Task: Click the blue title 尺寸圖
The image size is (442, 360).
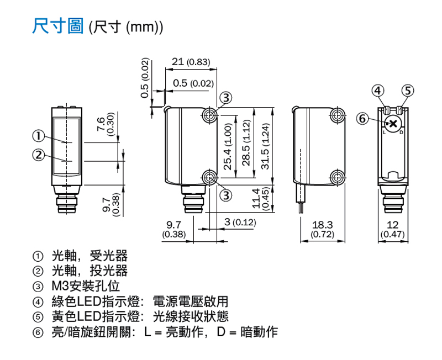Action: point(58,26)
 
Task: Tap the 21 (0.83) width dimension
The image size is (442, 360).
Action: point(191,62)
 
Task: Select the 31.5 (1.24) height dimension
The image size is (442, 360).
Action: point(265,146)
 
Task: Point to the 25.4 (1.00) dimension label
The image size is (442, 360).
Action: point(228,147)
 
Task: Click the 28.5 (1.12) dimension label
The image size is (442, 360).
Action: point(246,143)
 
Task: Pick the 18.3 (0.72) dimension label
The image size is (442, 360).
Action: point(323,229)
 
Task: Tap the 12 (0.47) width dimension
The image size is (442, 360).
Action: point(392,229)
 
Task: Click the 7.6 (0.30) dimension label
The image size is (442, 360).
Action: point(105,124)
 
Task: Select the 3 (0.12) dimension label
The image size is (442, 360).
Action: point(240,222)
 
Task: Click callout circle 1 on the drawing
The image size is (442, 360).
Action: point(38,136)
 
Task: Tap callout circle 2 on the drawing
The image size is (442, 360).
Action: point(38,155)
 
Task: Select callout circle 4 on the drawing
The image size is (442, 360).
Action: point(378,91)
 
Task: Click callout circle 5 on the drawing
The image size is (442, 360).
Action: point(408,91)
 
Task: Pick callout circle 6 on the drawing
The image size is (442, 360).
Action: point(362,119)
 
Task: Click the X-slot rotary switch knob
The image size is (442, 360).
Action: point(393,123)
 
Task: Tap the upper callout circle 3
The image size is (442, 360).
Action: point(226,98)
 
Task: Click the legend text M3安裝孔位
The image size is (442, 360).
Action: point(86,286)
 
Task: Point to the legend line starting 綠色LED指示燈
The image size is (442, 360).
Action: point(140,301)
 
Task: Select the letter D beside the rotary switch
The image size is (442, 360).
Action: point(402,133)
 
